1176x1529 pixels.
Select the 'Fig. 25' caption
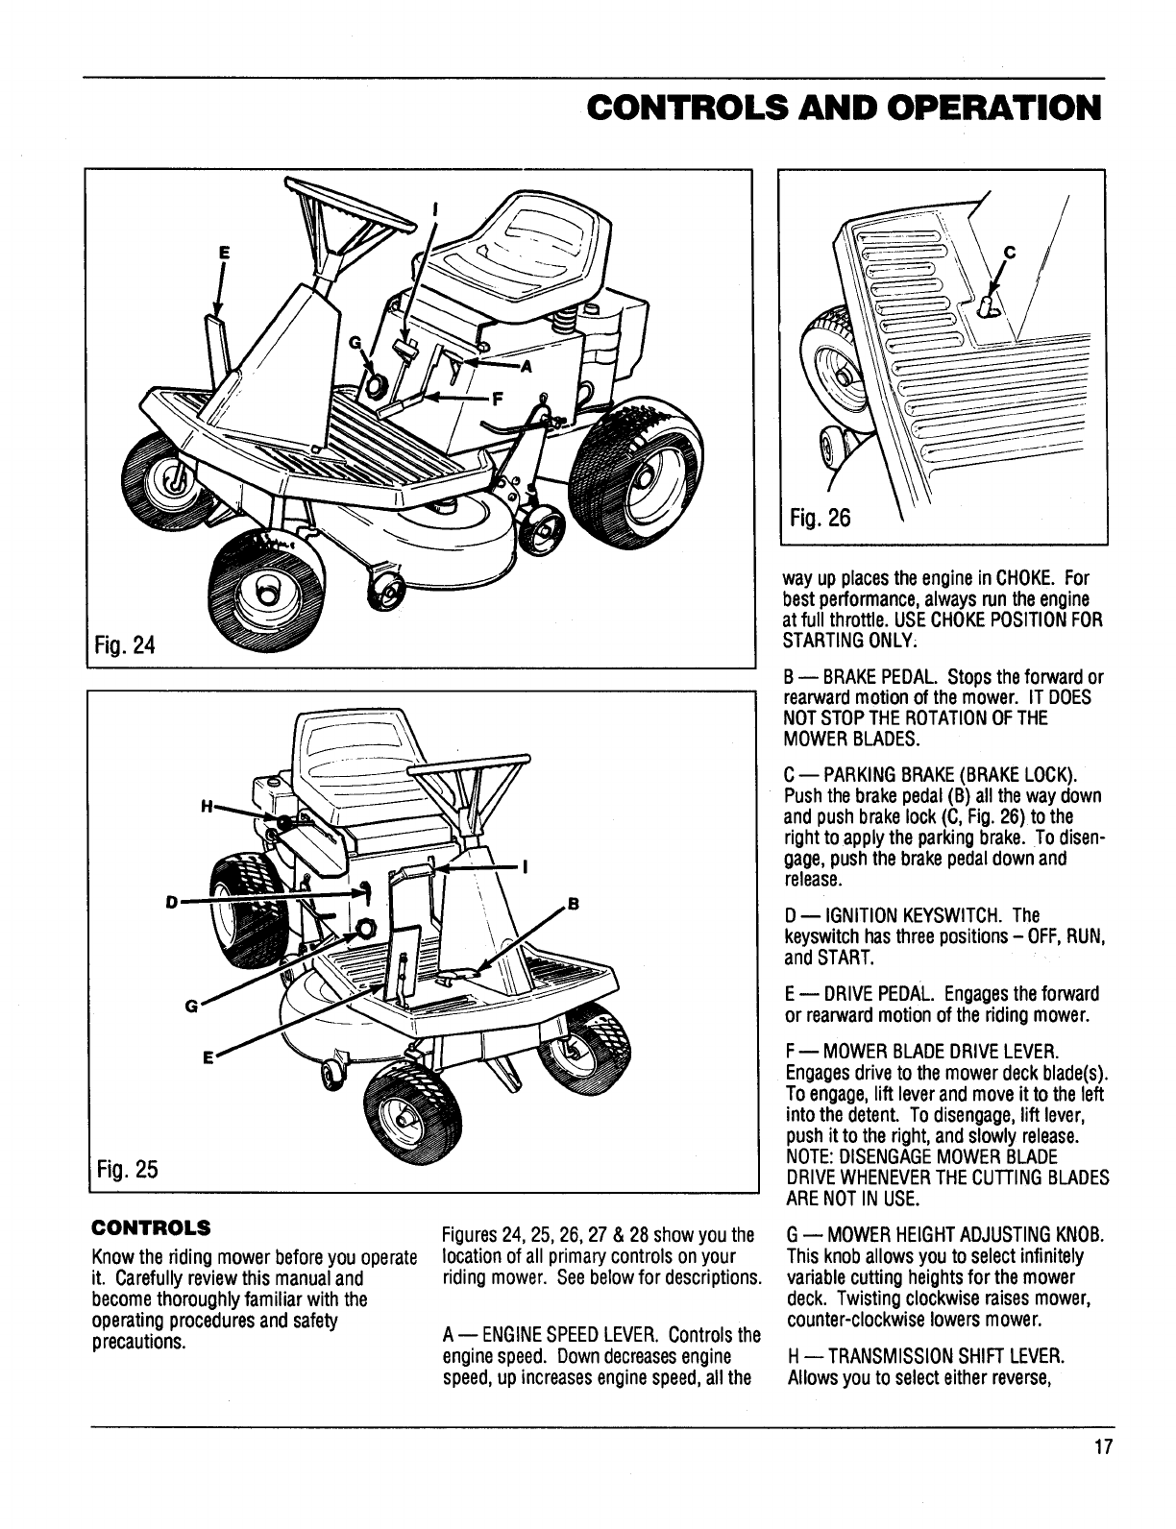(x=126, y=1170)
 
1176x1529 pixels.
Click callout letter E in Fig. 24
(x=225, y=253)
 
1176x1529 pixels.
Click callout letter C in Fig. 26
(x=1009, y=254)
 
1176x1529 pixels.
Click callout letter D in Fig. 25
(x=171, y=902)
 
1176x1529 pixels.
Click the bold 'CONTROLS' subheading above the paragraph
(x=151, y=1227)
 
